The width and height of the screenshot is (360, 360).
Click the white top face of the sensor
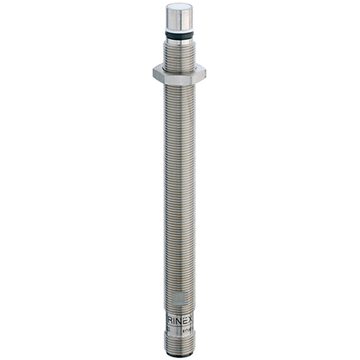(x=179, y=10)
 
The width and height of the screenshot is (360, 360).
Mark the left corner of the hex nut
(x=154, y=73)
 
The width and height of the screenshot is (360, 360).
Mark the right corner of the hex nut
(x=206, y=73)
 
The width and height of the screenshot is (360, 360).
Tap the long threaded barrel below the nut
(x=179, y=184)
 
